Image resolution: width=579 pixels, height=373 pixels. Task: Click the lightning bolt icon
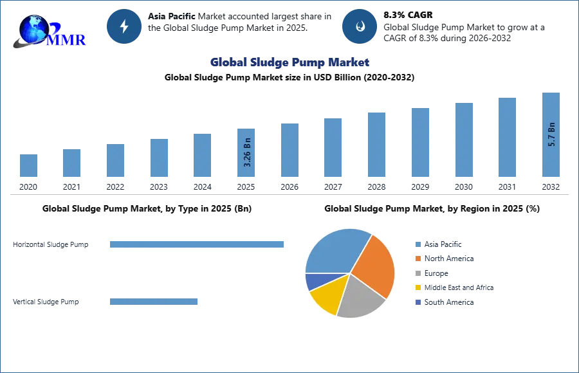pyautogui.click(x=125, y=26)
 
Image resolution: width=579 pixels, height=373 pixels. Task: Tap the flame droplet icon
pyautogui.click(x=360, y=26)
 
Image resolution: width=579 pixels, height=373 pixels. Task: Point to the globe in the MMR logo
pyautogui.click(x=33, y=29)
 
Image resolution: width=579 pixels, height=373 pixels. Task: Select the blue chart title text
pyautogui.click(x=289, y=62)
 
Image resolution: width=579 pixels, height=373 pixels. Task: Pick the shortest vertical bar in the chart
pyautogui.click(x=28, y=167)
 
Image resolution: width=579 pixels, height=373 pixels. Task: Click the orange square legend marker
pyautogui.click(x=417, y=259)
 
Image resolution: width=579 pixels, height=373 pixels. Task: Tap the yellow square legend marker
pyautogui.click(x=417, y=288)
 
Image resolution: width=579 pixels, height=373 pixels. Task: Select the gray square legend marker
pyautogui.click(x=417, y=273)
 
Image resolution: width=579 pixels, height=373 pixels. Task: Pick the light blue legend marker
pyautogui.click(x=417, y=244)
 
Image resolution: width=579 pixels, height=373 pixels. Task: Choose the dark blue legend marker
pyautogui.click(x=417, y=303)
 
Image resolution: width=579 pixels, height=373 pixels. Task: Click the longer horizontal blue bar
pyautogui.click(x=198, y=244)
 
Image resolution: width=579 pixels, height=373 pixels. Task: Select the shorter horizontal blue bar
pyautogui.click(x=154, y=303)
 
